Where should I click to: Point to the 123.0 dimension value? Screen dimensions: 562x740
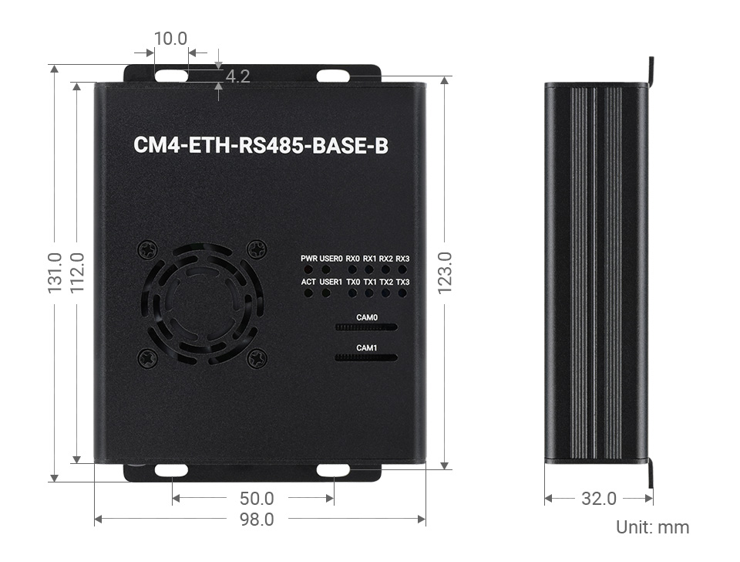tap(445, 273)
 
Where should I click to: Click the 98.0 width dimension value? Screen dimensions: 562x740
tap(257, 520)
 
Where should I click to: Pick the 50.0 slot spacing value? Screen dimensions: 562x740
tap(257, 499)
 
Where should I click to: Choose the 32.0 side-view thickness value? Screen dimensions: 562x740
tap(599, 499)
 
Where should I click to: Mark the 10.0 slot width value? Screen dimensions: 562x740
tap(170, 38)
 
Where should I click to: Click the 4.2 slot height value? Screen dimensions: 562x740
tap(237, 76)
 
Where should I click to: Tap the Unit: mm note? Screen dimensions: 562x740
tap(652, 527)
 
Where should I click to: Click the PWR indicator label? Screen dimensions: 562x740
tap(309, 259)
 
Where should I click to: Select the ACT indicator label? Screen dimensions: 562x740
tap(308, 283)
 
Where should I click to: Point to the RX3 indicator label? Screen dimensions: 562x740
tap(402, 259)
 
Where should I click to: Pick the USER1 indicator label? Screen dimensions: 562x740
tap(331, 283)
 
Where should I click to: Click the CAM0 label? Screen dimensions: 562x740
tap(367, 317)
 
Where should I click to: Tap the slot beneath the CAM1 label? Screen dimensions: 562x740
tap(367, 357)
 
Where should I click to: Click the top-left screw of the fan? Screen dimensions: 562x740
tap(147, 249)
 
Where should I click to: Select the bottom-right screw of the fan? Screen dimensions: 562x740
tap(257, 357)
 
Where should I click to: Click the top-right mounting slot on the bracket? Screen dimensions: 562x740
tap(333, 76)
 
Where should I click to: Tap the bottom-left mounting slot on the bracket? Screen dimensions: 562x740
tap(170, 470)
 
